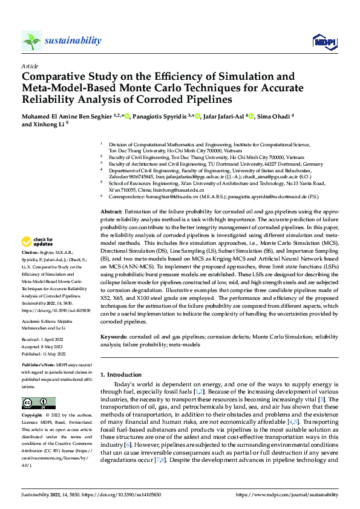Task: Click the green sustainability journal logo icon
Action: (31, 41)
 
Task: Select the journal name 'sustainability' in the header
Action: (73, 41)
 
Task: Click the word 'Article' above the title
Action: (30, 66)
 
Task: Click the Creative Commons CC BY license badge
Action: (39, 403)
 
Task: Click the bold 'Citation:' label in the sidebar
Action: (30, 268)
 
